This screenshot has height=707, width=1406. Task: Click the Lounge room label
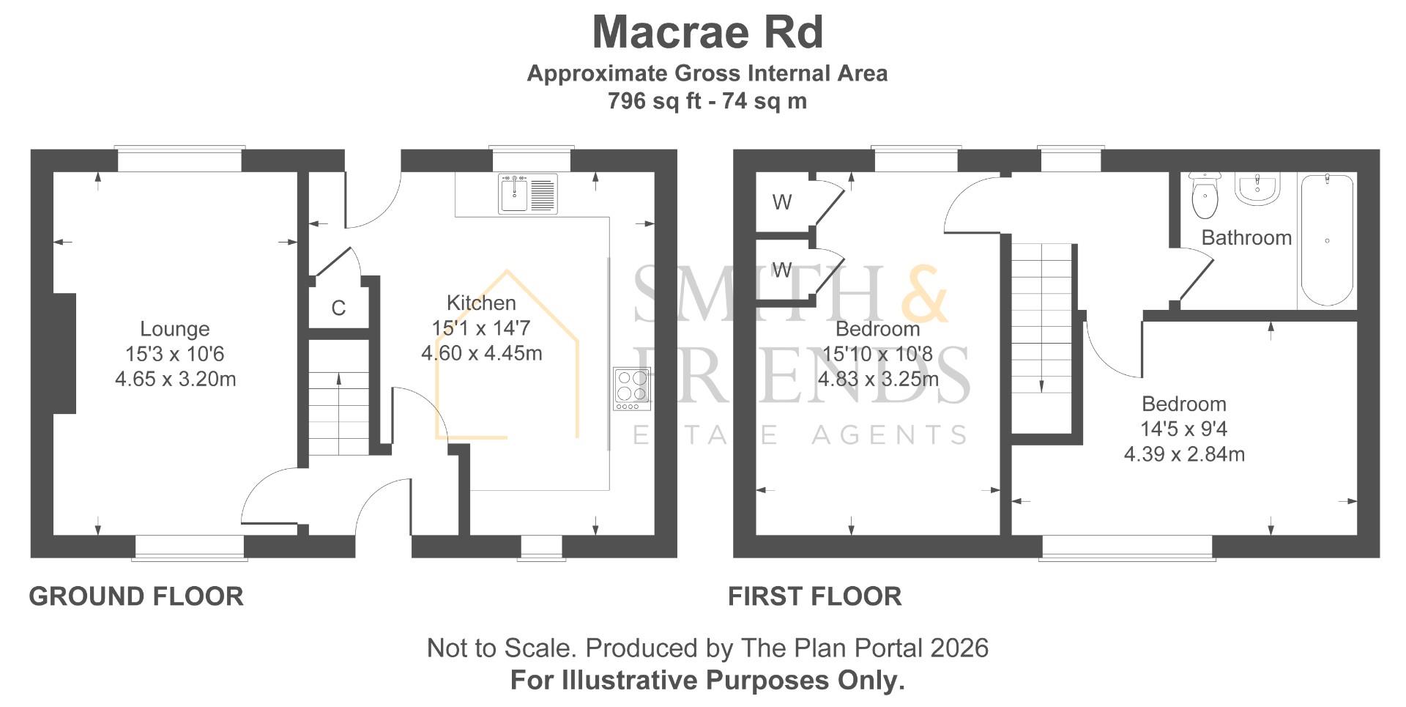175,329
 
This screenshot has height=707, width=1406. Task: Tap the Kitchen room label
481,303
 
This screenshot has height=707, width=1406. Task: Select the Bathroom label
1246,237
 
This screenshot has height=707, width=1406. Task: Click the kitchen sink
527,193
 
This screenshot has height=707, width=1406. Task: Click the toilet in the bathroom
1205,196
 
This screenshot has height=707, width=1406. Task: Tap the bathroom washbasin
1257,188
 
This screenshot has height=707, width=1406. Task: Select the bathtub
1326,240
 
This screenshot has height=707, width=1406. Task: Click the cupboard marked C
338,308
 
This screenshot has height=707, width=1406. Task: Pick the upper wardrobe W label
782,202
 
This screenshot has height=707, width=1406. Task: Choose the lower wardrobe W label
782,270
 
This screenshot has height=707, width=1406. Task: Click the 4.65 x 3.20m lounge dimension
175,379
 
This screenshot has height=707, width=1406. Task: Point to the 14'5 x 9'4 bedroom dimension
1184,429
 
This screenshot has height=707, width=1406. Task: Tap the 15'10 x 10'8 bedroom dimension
877,354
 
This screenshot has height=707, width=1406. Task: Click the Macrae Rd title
707,32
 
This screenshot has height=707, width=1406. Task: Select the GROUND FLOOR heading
136,596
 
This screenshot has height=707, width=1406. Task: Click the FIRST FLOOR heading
815,596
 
